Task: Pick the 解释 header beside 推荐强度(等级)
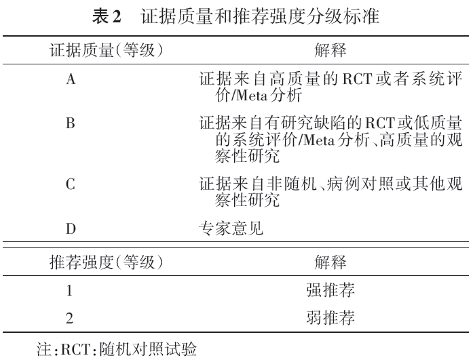[x=330, y=261]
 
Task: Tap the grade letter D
[x=70, y=228]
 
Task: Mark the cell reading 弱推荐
[x=331, y=317]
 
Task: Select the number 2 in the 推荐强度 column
[x=69, y=317]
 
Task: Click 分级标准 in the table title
[x=352, y=18]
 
